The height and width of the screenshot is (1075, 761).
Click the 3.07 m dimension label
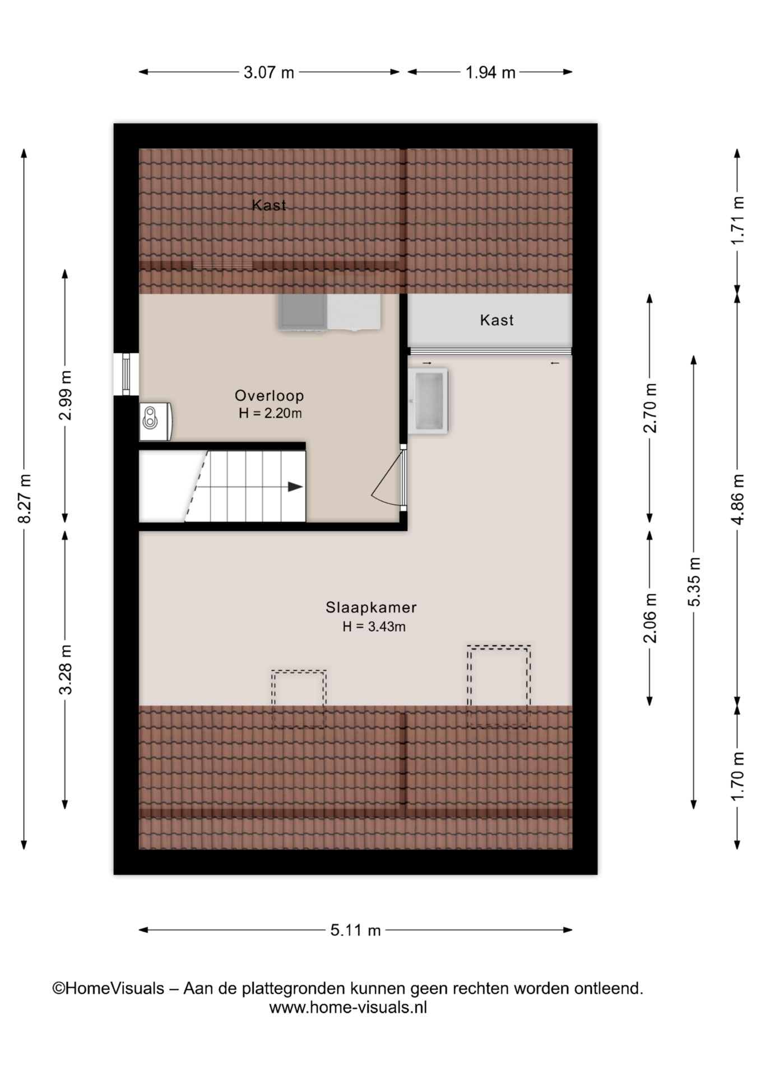click(268, 72)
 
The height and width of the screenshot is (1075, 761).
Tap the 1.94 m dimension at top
click(490, 72)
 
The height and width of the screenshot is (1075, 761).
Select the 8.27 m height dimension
click(24, 498)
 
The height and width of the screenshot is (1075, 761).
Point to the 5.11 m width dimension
click(355, 930)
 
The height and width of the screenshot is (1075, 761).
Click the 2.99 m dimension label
click(66, 395)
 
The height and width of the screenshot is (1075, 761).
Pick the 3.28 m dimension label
click(66, 670)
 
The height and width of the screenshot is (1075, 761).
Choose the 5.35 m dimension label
click(694, 582)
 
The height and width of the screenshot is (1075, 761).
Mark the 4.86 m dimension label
click(737, 499)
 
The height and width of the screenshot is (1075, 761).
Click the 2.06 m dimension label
click(650, 618)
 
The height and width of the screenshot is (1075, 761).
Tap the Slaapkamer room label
click(371, 607)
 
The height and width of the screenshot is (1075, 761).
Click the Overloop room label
click(269, 395)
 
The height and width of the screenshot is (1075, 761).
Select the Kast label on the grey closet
click(496, 320)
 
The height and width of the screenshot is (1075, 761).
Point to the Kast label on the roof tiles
click(269, 205)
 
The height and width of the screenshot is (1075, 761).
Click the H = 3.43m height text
click(374, 627)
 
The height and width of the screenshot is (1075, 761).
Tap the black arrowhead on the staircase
click(295, 487)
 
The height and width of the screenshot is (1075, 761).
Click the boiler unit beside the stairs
click(155, 421)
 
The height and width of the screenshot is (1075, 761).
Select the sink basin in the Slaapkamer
click(428, 401)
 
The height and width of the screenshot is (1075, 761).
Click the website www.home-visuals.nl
click(348, 1007)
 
